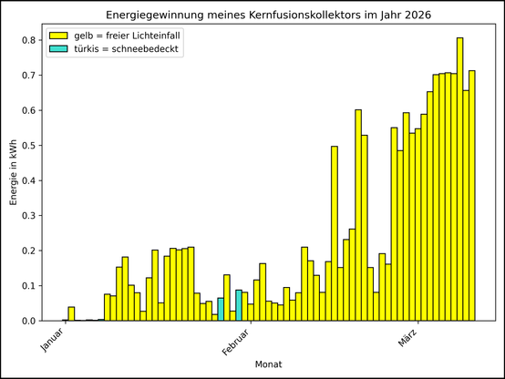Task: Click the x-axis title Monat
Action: [x=268, y=364]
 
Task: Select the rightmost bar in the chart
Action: [x=472, y=196]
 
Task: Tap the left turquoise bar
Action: [x=221, y=309]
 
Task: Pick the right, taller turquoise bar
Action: [x=239, y=305]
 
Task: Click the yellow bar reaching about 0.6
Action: [x=358, y=215]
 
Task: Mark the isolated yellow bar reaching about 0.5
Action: [x=335, y=233]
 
